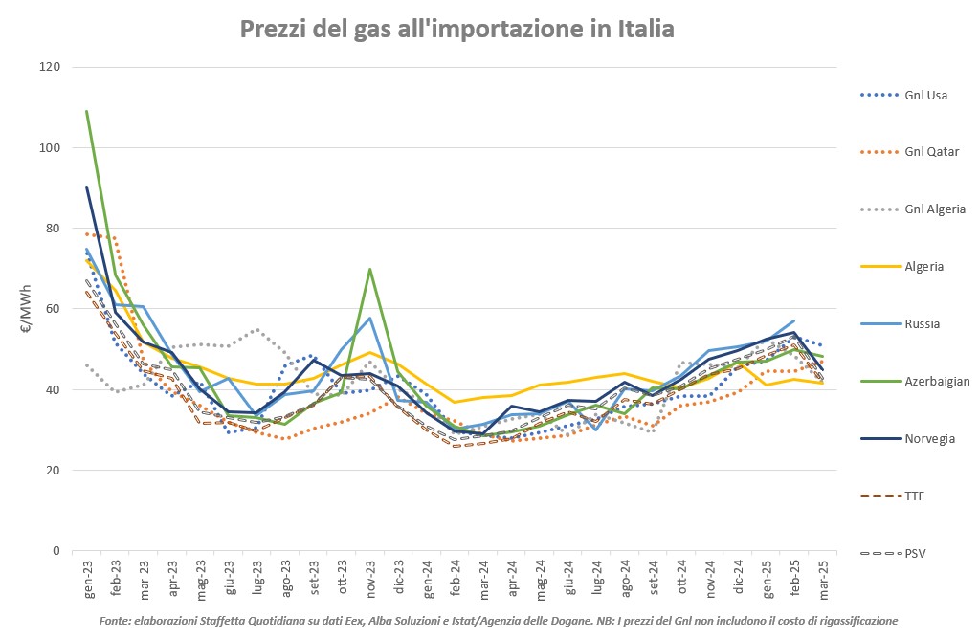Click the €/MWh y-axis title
pos(27,308)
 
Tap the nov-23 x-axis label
pos(369,578)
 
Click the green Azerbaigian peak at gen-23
pos(87,111)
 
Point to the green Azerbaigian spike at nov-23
pos(369,269)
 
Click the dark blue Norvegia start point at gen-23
pos(87,187)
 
